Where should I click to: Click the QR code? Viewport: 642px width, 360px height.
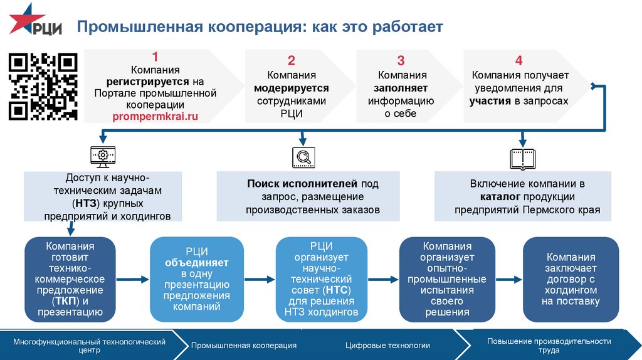coord(43,87)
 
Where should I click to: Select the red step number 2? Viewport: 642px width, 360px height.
coord(292,60)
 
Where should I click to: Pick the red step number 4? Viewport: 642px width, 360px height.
coord(518,60)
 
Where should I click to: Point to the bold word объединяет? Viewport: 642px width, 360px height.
coord(197,262)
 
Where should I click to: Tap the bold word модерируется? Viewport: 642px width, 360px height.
coord(292,88)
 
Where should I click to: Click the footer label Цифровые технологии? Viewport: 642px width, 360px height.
coord(387,345)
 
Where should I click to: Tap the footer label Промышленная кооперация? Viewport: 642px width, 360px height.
coord(243,345)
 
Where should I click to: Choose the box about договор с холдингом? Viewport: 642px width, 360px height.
coord(571,279)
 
